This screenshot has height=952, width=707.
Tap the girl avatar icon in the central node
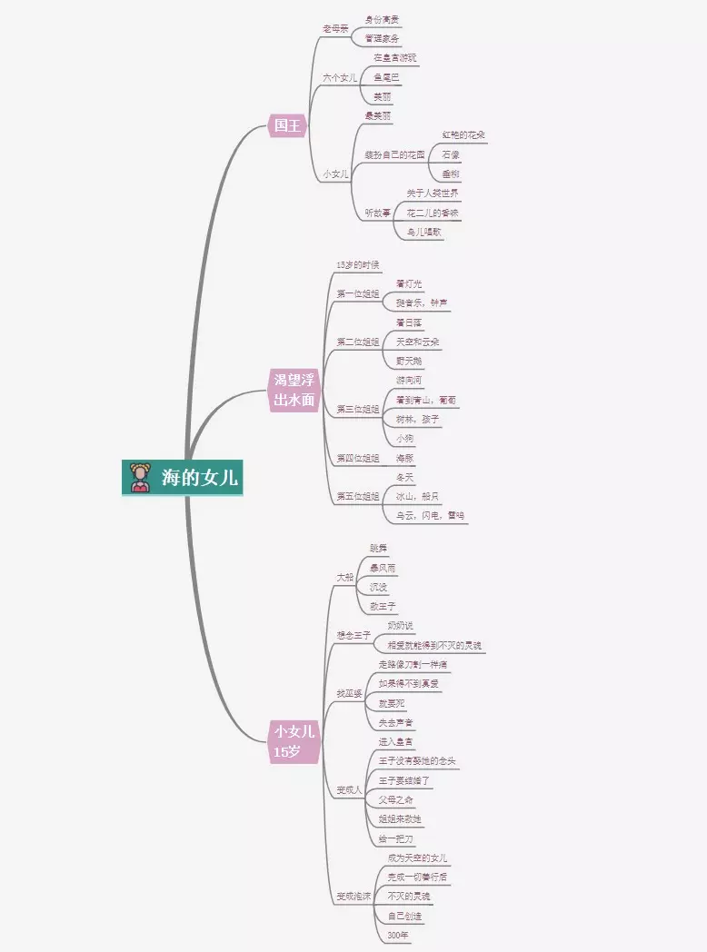pos(140,478)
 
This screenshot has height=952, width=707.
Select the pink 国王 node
pos(287,125)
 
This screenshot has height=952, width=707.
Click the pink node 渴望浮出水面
pos(295,390)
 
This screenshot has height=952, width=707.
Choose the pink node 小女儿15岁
pos(294,740)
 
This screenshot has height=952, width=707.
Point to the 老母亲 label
pos(335,29)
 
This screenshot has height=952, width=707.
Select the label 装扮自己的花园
pos(394,154)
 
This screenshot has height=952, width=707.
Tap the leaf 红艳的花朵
pos(463,135)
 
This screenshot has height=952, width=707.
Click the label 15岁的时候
pos(357,264)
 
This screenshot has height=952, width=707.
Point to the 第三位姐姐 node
pos(357,409)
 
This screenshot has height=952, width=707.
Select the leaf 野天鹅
pos(409,361)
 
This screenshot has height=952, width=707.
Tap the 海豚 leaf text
pos(404,458)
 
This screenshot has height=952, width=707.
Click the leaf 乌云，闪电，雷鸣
pos(430,515)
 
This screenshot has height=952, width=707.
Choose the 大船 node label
pos(344,577)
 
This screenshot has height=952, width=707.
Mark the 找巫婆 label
pos(349,693)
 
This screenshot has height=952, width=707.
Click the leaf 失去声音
pos(396,722)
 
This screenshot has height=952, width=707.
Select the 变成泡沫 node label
pos(353,896)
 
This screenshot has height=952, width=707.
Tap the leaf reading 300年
pos(398,935)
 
